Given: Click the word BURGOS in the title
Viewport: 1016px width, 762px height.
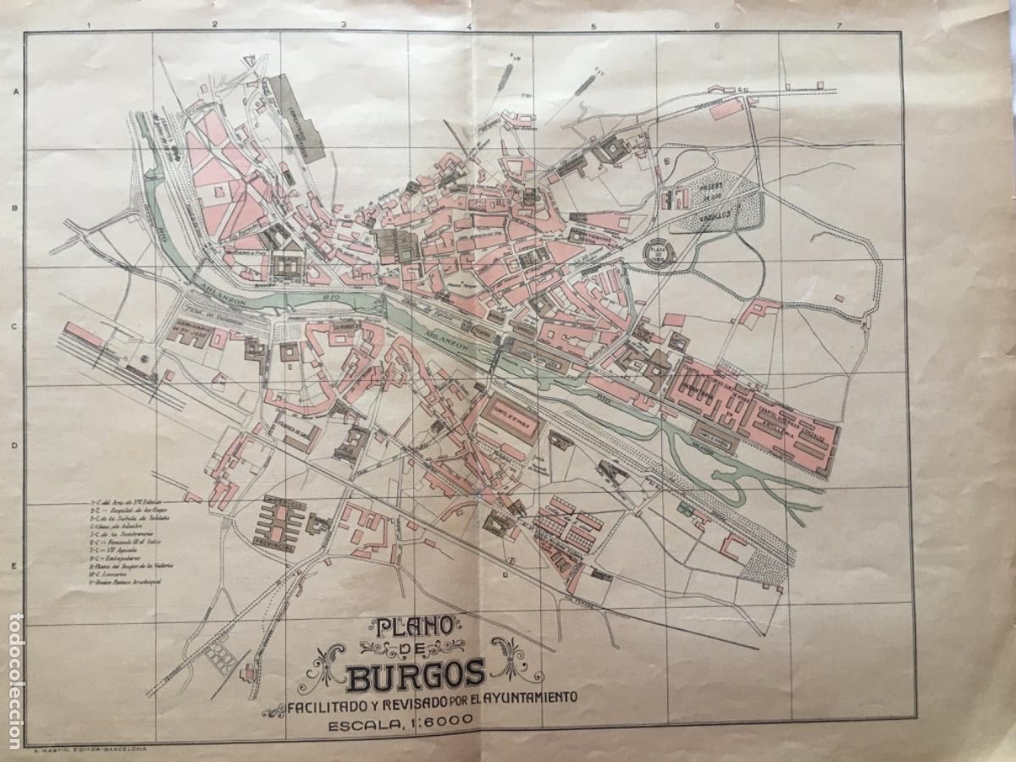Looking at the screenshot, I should pos(416,674).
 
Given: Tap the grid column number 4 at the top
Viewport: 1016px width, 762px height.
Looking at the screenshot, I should pos(468,26).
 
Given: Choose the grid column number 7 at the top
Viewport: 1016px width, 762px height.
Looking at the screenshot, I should pos(838,26).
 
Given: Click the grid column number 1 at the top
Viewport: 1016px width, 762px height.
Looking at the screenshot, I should pos(90,26).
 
